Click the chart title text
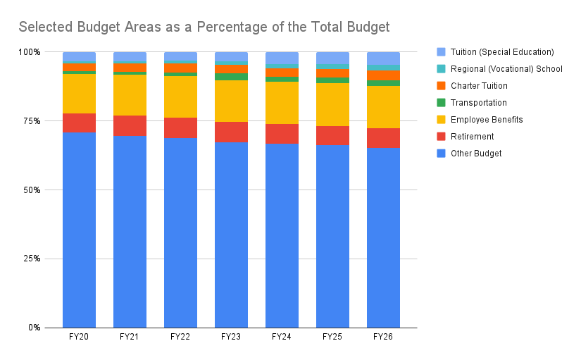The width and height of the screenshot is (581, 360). tap(204, 27)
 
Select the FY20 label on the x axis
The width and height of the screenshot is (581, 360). tap(79, 337)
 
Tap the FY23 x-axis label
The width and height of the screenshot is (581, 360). tap(231, 337)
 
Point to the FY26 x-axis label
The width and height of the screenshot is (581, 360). tap(383, 337)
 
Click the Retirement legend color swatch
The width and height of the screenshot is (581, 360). tap(442, 137)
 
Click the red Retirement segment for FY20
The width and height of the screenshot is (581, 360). tap(79, 123)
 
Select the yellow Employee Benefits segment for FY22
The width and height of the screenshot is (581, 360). tap(180, 97)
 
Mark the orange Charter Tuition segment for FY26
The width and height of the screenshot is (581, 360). tap(383, 75)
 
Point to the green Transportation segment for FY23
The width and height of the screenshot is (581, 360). tap(231, 77)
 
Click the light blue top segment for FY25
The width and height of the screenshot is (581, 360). tap(332, 58)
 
